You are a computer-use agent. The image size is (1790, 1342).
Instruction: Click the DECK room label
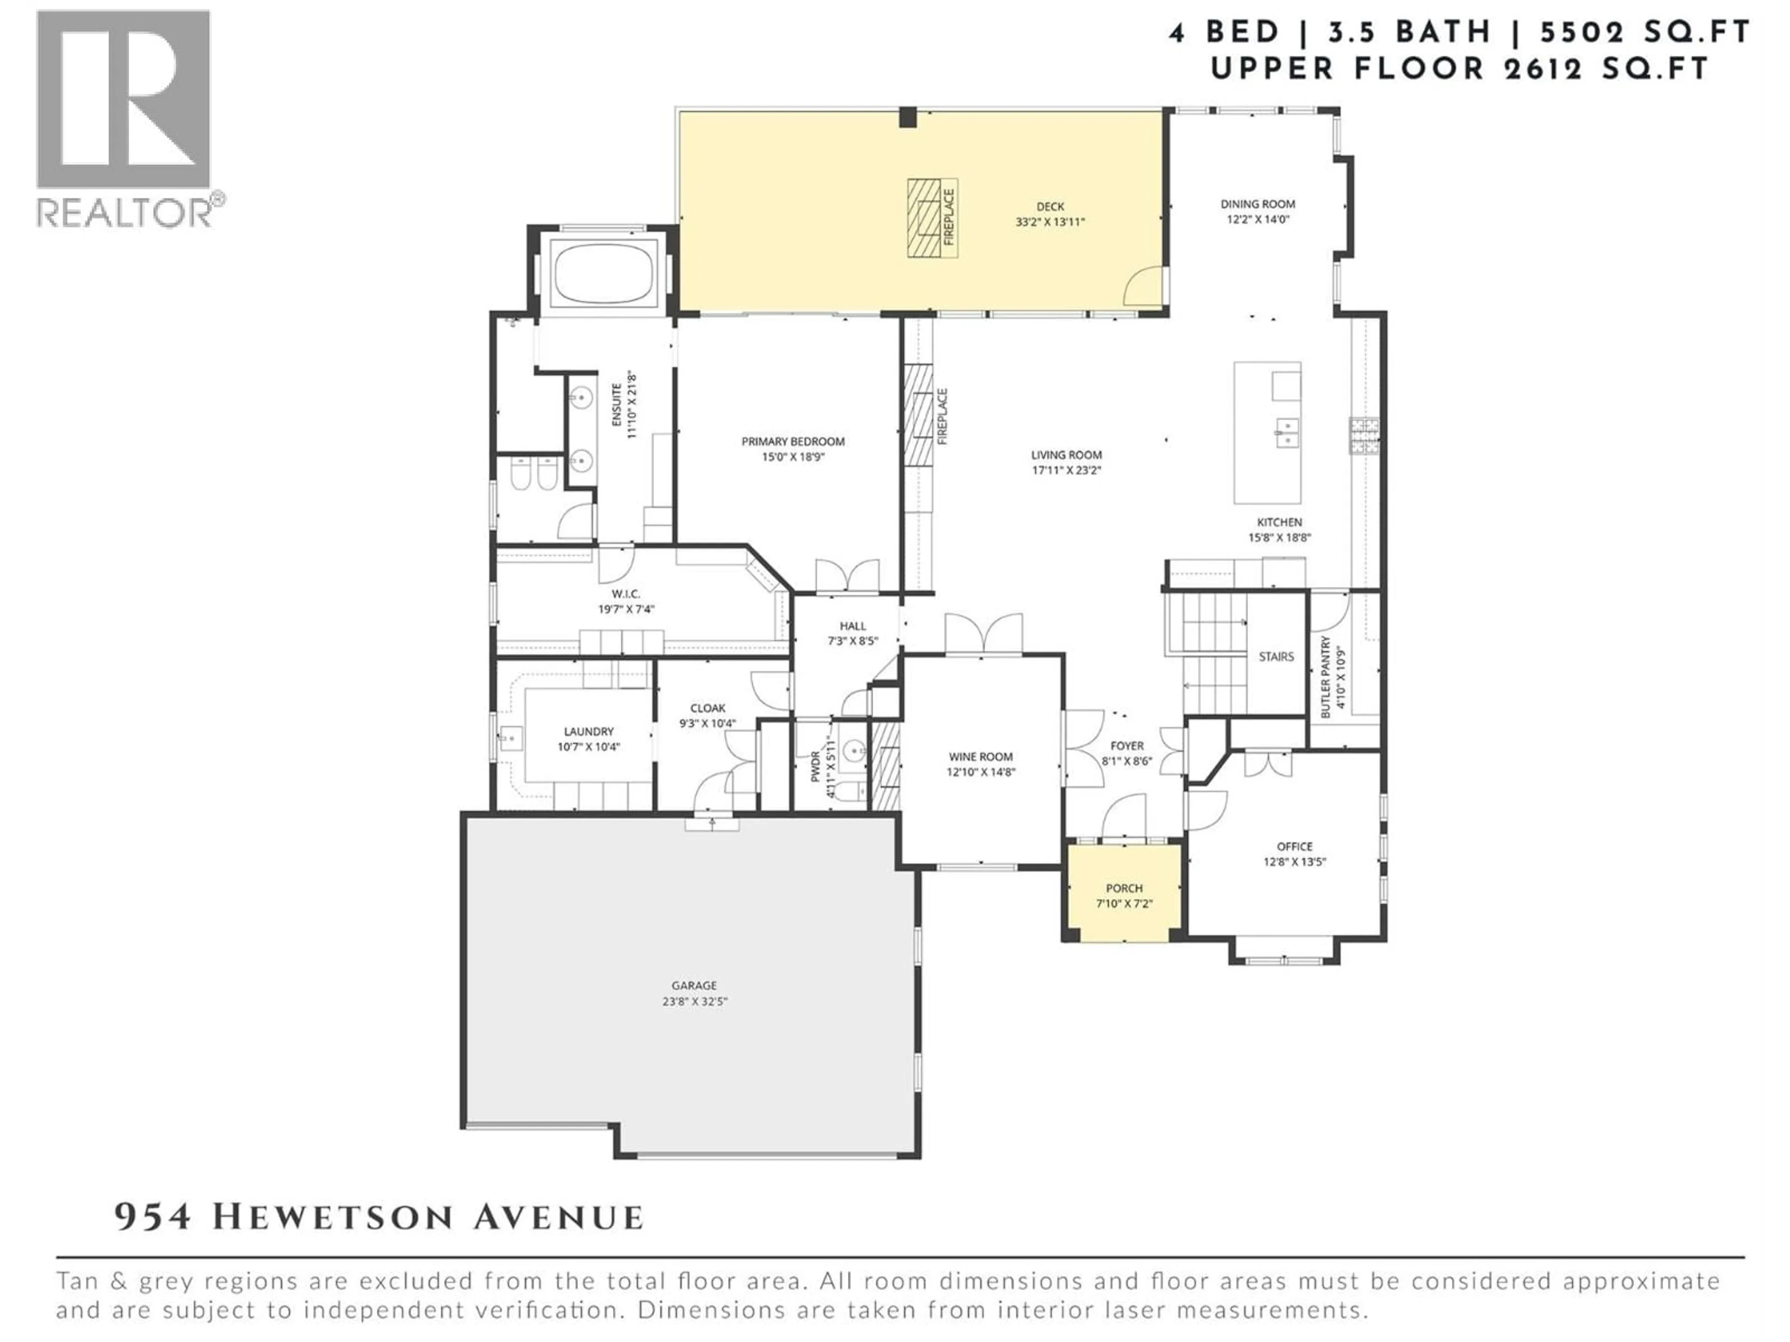pos(1050,206)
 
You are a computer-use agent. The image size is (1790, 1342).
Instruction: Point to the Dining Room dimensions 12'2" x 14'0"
pos(1258,219)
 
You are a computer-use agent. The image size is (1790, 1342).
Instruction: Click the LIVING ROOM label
pos(1066,455)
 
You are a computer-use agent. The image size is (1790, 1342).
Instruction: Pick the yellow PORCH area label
pos(1124,888)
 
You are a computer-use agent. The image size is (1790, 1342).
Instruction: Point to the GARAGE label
pos(694,985)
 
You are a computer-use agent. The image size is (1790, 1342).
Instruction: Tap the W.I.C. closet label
pos(626,594)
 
